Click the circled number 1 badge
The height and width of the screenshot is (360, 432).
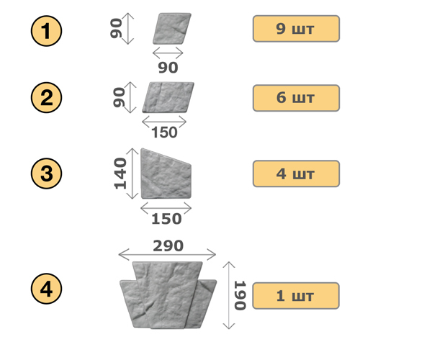pos(46,31)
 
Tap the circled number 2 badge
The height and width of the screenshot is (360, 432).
pos(46,97)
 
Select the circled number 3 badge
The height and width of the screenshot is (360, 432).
pos(46,174)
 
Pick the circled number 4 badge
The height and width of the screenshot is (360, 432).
pos(46,289)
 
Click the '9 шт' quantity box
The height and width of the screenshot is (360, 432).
pos(296,29)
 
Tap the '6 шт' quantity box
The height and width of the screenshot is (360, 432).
pos(296,98)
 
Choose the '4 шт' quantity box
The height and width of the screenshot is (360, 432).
pos(296,174)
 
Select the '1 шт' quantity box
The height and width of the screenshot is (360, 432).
pos(296,296)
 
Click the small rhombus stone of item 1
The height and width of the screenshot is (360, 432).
pos(172,28)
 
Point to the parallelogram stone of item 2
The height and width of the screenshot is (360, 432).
pos(168,97)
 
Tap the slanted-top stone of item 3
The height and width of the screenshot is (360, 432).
pos(166,174)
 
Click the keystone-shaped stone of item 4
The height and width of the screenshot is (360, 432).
pos(168,295)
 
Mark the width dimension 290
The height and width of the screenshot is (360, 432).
pos(168,246)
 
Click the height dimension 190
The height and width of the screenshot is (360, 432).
pos(240,295)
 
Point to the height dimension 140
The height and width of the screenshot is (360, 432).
pos(120,174)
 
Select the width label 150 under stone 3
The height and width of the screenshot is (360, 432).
pos(166,219)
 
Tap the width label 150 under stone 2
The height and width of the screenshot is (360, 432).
pos(164,132)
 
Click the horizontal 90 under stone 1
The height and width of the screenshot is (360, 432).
pos(168,68)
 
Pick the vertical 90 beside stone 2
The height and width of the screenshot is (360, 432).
pos(119,97)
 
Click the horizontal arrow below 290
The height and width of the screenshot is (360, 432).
pos(167,254)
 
